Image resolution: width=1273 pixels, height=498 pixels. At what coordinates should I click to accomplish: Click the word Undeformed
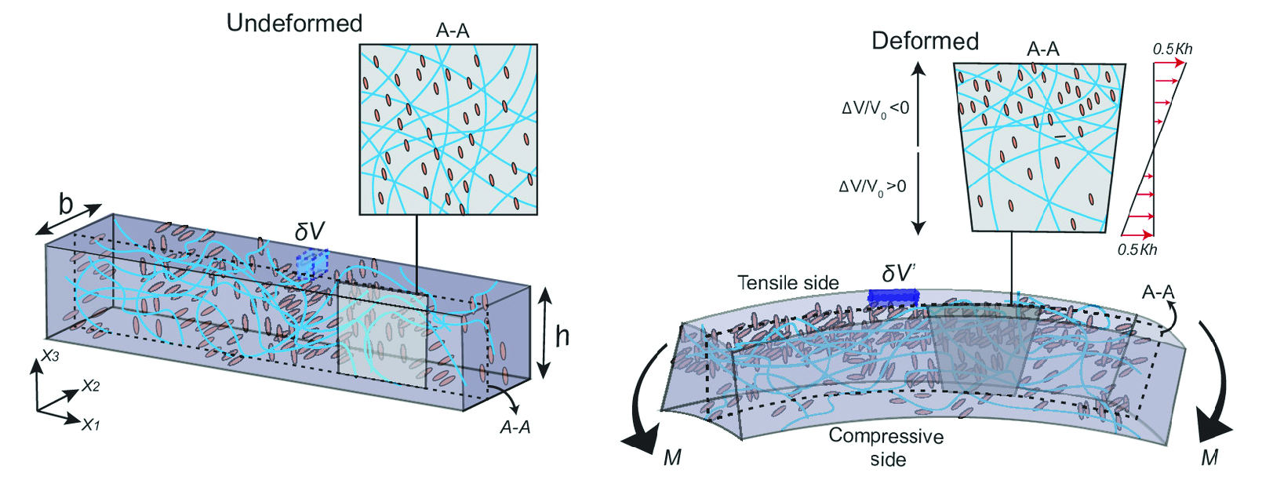click(x=294, y=24)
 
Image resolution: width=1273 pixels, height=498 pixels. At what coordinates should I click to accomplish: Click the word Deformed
click(x=925, y=41)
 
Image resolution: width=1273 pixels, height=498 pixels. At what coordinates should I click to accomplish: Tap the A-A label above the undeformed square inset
click(x=453, y=31)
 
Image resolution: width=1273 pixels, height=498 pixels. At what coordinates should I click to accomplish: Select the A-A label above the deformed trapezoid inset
click(x=1042, y=49)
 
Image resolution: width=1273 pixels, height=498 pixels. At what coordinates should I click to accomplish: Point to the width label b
click(x=66, y=205)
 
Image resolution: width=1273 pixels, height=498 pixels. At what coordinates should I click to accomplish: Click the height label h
click(x=562, y=336)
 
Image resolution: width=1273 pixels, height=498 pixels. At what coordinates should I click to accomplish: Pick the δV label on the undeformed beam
click(x=310, y=231)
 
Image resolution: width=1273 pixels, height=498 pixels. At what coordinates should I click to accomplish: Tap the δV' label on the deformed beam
click(x=898, y=273)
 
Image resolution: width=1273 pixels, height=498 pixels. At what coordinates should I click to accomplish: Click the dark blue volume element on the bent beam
click(x=893, y=296)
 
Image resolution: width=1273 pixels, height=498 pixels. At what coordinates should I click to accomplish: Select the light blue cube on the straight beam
click(x=311, y=264)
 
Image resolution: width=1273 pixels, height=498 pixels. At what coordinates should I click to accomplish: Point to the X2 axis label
click(x=90, y=386)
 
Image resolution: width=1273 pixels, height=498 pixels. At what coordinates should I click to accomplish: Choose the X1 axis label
click(x=90, y=425)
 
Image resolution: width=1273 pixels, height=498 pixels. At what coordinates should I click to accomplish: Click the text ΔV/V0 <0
click(x=875, y=109)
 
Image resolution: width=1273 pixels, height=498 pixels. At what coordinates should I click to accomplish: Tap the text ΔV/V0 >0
click(x=872, y=187)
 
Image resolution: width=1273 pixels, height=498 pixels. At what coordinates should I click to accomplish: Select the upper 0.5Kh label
click(x=1172, y=49)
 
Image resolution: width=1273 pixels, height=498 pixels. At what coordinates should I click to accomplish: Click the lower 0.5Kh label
click(x=1137, y=250)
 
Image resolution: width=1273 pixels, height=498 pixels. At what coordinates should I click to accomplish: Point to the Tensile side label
click(x=788, y=282)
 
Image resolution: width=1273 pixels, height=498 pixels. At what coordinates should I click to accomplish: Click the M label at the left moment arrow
click(x=672, y=457)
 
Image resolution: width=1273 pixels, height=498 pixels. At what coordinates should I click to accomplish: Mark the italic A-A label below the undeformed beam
click(x=515, y=427)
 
